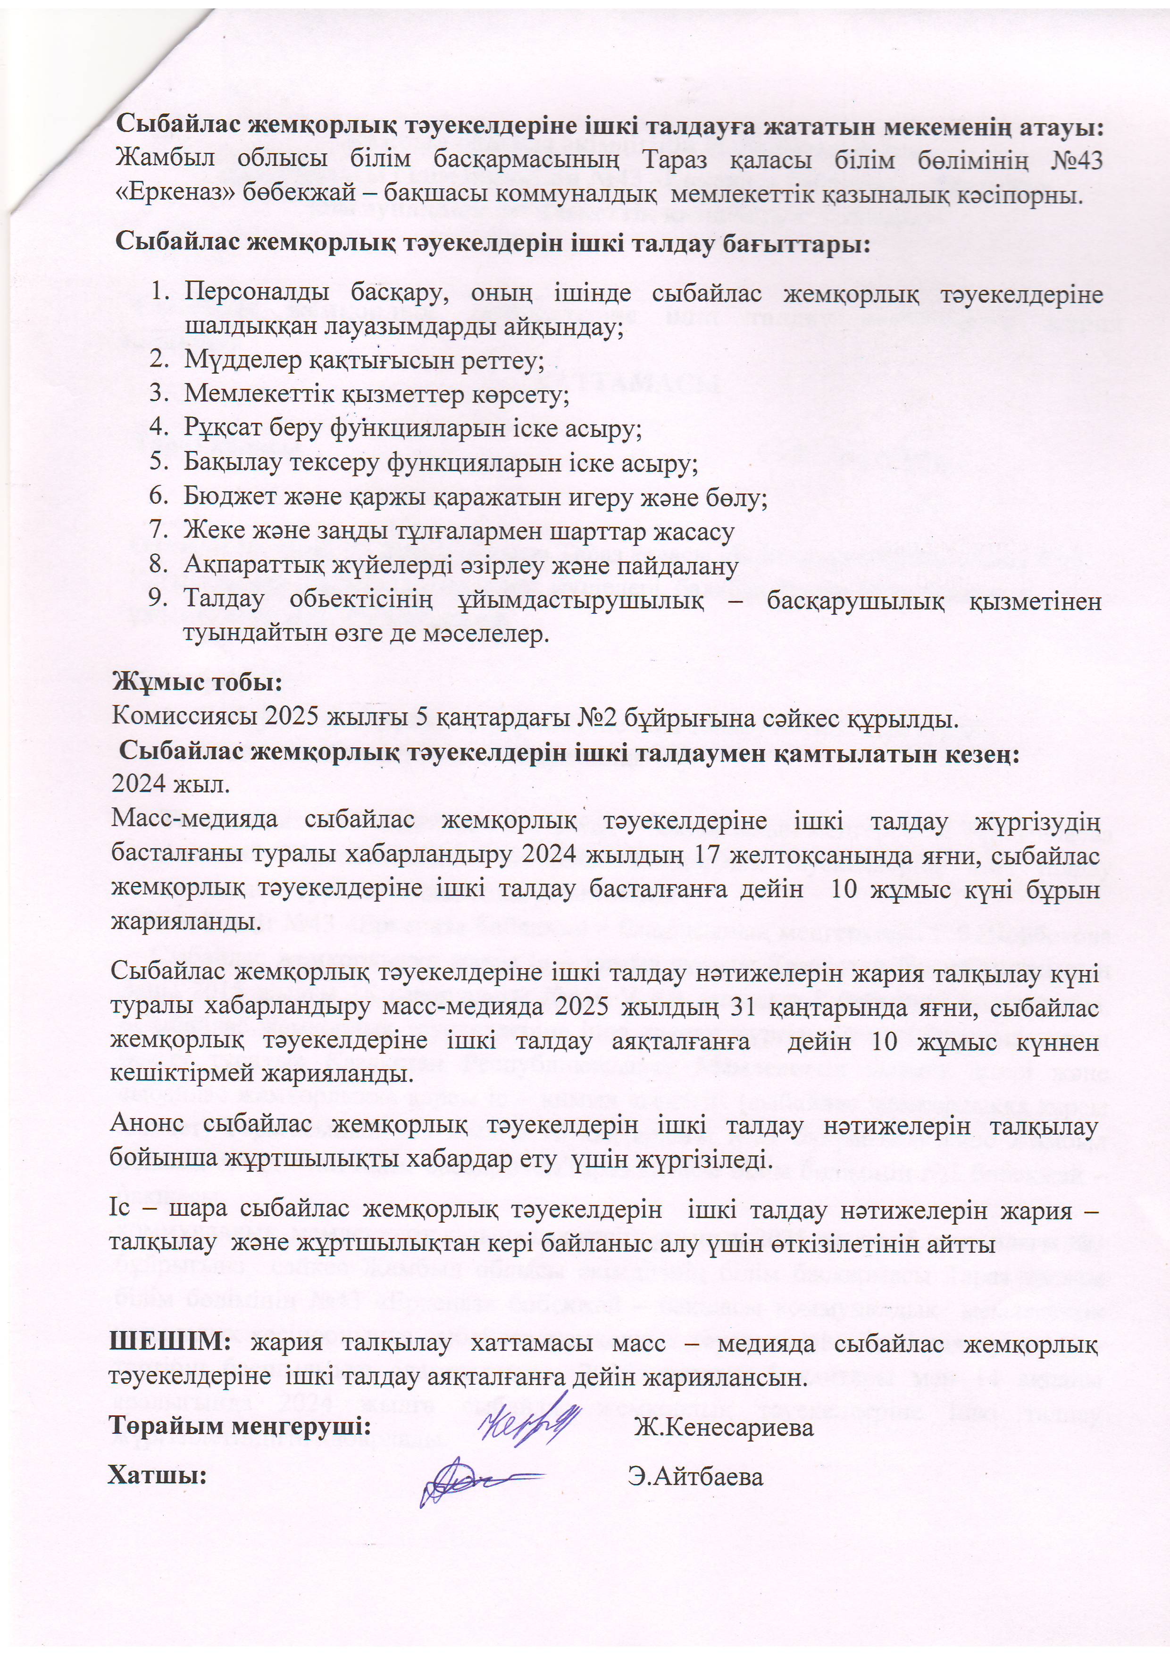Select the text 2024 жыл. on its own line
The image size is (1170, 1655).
click(170, 784)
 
